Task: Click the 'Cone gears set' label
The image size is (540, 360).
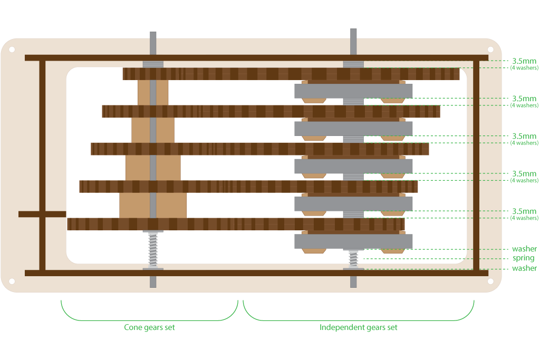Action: point(149,327)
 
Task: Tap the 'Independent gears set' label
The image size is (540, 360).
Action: point(358,327)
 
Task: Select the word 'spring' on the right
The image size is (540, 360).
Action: point(523,258)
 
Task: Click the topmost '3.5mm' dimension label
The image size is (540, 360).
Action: point(524,61)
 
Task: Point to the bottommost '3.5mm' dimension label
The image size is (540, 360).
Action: point(524,211)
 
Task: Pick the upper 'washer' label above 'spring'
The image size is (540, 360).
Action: point(524,249)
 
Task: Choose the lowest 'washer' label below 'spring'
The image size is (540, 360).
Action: point(524,268)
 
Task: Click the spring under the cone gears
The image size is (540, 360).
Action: point(153,249)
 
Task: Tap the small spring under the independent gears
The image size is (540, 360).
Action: point(353,259)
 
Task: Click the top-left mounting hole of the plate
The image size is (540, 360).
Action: point(12,50)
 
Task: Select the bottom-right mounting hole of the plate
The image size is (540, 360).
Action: point(490,281)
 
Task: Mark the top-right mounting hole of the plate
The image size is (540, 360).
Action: point(490,50)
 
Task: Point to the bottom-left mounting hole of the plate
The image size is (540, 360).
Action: point(12,281)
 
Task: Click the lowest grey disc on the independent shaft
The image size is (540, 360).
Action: point(353,241)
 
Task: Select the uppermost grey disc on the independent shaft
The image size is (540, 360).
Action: point(353,91)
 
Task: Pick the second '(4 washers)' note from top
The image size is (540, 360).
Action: point(524,105)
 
